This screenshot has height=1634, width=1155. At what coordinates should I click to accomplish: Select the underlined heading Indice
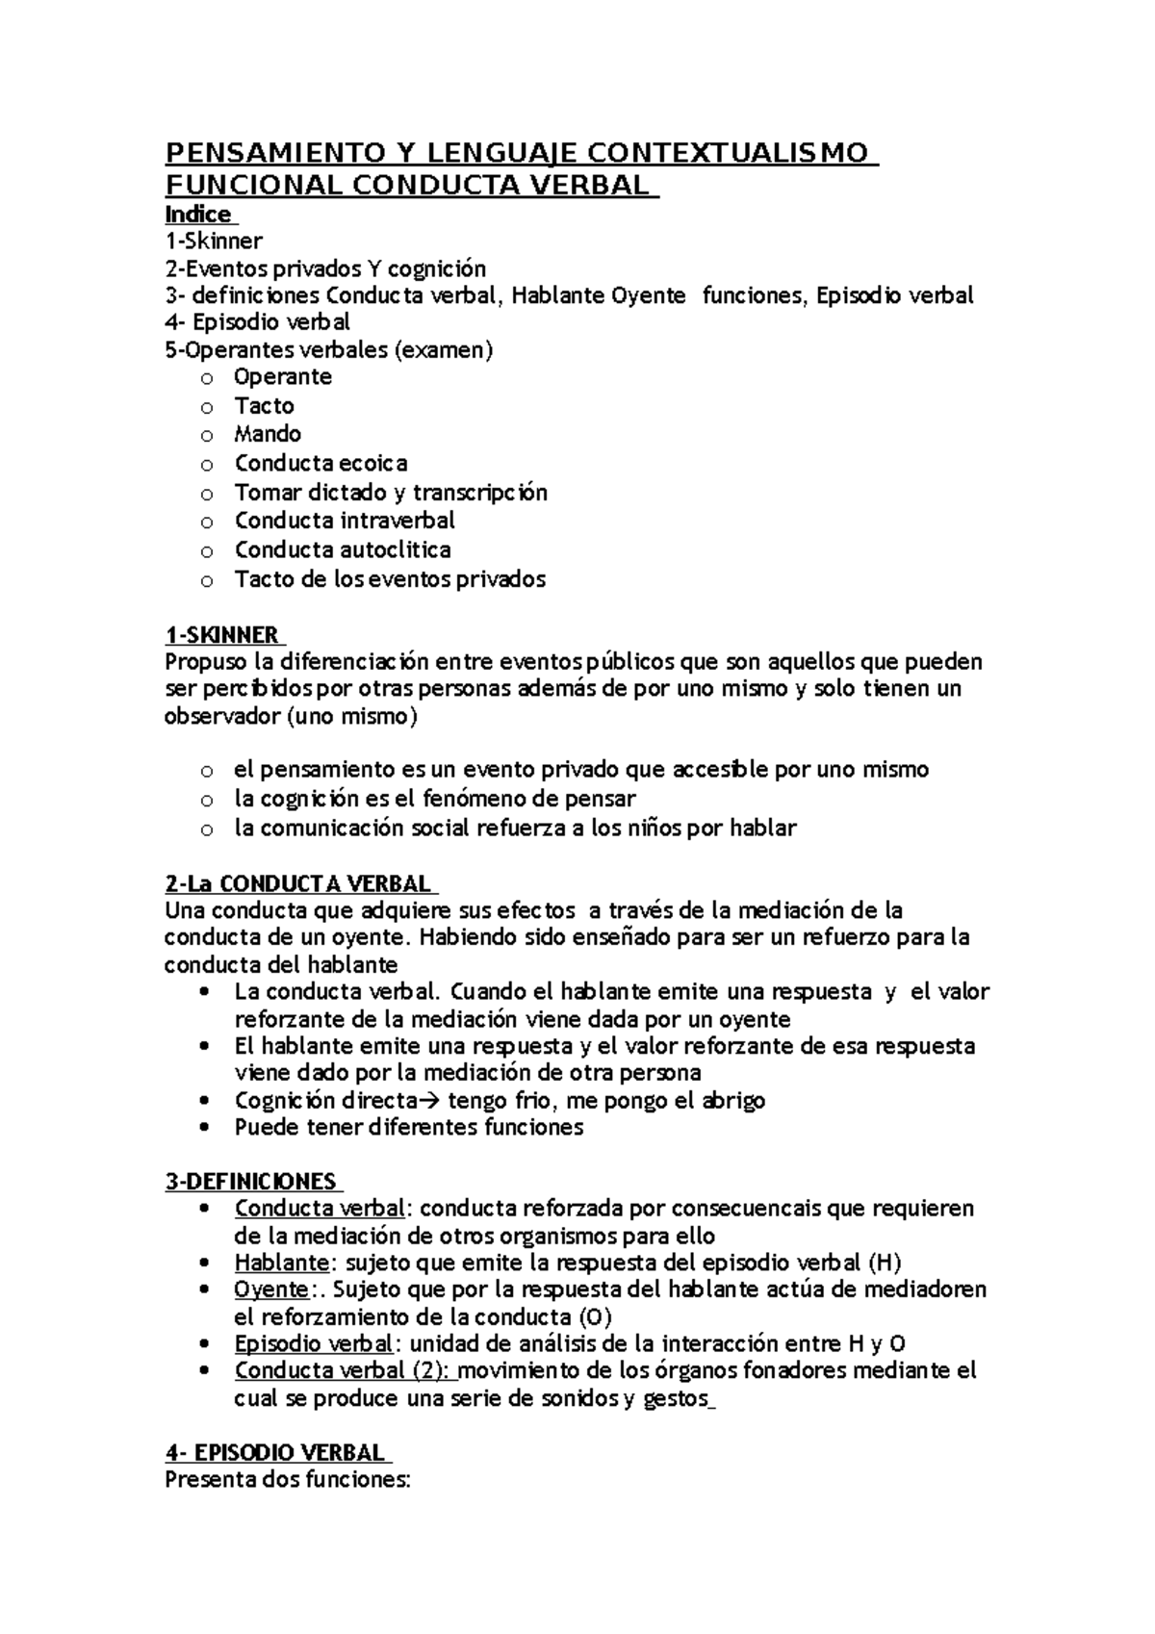(x=198, y=214)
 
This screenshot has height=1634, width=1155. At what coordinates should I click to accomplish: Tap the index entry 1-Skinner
(x=214, y=241)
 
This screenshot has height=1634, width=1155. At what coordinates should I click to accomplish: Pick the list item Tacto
(x=264, y=405)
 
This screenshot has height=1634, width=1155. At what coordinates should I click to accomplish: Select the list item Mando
(x=268, y=434)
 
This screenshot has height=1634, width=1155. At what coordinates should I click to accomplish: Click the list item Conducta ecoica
(x=321, y=463)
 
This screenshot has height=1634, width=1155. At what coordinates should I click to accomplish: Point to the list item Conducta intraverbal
(x=345, y=521)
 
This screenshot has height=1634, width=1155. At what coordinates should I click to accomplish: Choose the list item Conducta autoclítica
(x=343, y=549)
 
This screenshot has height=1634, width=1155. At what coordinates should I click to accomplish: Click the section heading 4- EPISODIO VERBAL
(x=274, y=1452)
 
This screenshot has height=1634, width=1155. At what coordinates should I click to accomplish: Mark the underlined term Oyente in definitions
(x=271, y=1289)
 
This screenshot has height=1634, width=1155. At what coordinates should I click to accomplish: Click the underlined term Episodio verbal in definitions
(x=313, y=1343)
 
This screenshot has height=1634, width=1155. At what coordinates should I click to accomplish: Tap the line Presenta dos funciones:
(x=288, y=1480)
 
